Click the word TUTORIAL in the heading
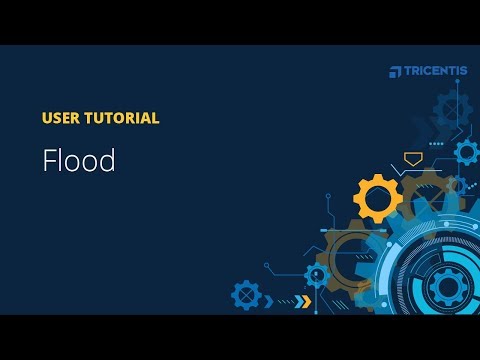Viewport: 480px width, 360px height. [122, 118]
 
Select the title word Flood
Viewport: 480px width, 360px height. [79, 162]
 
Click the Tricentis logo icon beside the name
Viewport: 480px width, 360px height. [395, 71]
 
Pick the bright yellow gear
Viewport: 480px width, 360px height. [378, 197]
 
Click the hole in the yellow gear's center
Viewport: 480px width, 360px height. [378, 197]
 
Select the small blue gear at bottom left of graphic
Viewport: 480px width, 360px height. [246, 294]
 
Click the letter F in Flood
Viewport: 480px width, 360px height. [48, 162]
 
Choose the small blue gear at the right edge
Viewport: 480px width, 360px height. [466, 152]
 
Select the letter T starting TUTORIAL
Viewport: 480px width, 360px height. [89, 118]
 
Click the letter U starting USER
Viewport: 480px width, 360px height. [47, 118]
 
